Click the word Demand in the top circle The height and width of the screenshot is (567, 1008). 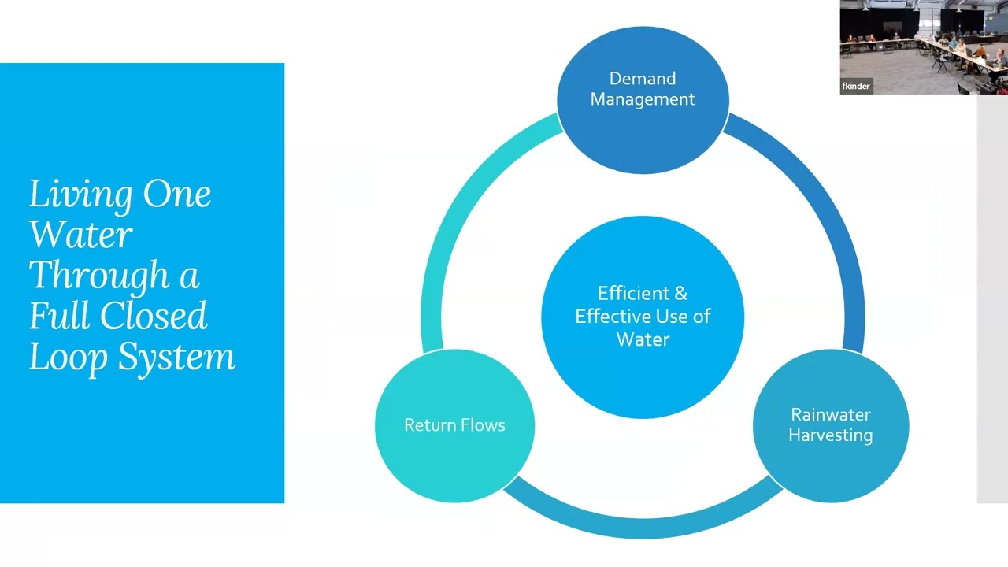pyautogui.click(x=642, y=79)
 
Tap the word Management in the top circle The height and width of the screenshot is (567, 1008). pyautogui.click(x=643, y=99)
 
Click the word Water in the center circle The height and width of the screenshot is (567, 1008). pyautogui.click(x=643, y=339)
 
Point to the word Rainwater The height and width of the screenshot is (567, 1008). pyautogui.click(x=830, y=414)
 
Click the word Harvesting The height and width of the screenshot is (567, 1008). pyautogui.click(x=830, y=435)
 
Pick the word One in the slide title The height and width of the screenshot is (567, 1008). pyautogui.click(x=177, y=194)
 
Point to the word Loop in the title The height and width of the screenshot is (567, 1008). pyautogui.click(x=68, y=358)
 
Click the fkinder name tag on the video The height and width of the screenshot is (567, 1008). pyautogui.click(x=856, y=87)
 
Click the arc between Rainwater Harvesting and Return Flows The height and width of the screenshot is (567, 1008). pyautogui.click(x=642, y=526)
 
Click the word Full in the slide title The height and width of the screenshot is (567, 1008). pyautogui.click(x=56, y=316)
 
